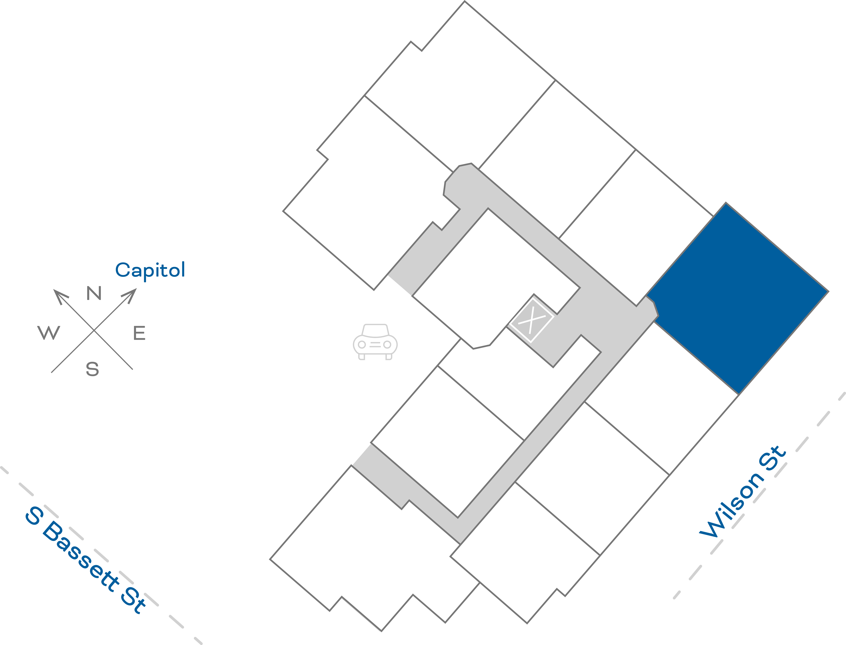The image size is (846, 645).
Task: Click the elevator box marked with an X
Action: point(532,320)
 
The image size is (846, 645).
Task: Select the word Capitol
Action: point(150,270)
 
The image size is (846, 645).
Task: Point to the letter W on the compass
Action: point(49,333)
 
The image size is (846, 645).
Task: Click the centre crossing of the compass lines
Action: point(94,330)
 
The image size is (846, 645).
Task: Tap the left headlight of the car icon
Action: point(362,344)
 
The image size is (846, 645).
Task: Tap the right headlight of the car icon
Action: point(387,344)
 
